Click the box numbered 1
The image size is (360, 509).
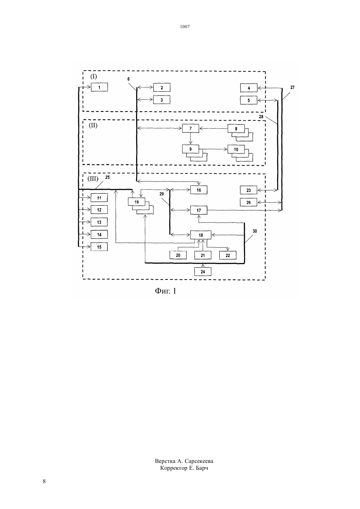(99, 87)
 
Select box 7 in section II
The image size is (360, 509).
(190, 128)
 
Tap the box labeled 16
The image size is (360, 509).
(199, 190)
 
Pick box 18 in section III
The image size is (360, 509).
(201, 235)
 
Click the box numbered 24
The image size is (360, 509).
(203, 272)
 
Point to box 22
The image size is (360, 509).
(228, 255)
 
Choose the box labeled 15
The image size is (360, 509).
(99, 247)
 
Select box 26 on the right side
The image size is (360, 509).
(248, 202)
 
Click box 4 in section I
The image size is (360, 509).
(249, 88)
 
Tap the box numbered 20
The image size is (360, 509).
(178, 255)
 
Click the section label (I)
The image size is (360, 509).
(94, 77)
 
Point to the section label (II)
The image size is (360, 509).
(93, 125)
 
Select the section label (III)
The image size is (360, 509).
(93, 179)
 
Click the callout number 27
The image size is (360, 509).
(292, 87)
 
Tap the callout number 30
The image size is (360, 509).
(255, 231)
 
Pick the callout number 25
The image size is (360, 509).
(107, 177)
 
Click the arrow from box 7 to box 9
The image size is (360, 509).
(190, 138)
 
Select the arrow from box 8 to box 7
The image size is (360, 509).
(213, 129)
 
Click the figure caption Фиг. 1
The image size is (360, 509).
(166, 291)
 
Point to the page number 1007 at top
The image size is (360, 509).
(185, 26)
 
